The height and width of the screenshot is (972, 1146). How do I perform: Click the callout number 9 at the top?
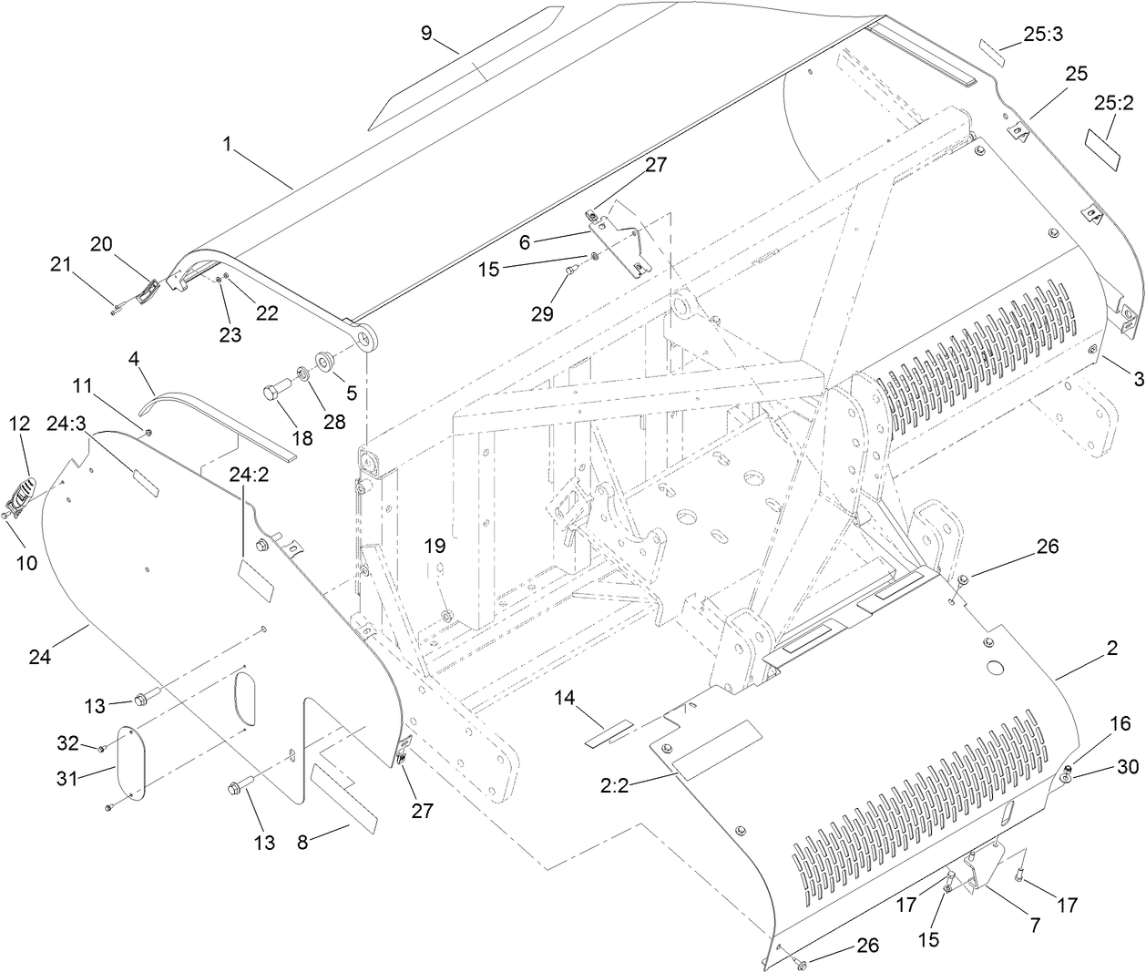(x=426, y=34)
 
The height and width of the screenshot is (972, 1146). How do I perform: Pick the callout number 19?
(x=435, y=547)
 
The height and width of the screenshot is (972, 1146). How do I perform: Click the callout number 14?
(x=565, y=699)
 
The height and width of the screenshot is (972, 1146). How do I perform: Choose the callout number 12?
(x=19, y=425)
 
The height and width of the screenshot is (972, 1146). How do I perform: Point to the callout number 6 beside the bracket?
(x=524, y=242)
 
